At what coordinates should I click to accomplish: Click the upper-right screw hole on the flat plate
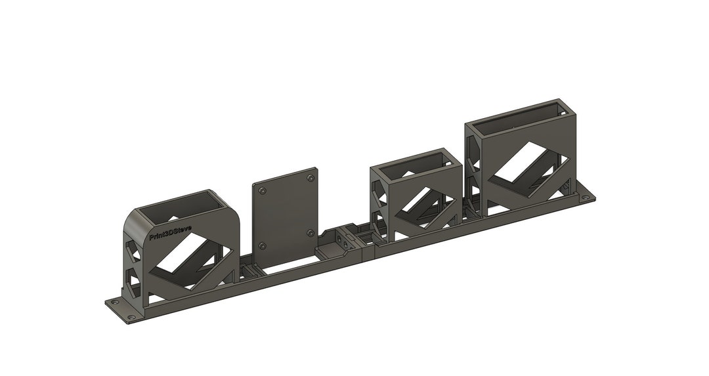click(x=310, y=177)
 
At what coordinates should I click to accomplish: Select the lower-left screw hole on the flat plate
click(x=262, y=246)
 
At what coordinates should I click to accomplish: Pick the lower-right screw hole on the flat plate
click(x=310, y=233)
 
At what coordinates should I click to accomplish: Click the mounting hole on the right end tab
click(x=586, y=198)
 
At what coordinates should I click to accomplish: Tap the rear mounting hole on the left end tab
click(x=113, y=303)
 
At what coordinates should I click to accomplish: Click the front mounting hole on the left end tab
click(x=131, y=317)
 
